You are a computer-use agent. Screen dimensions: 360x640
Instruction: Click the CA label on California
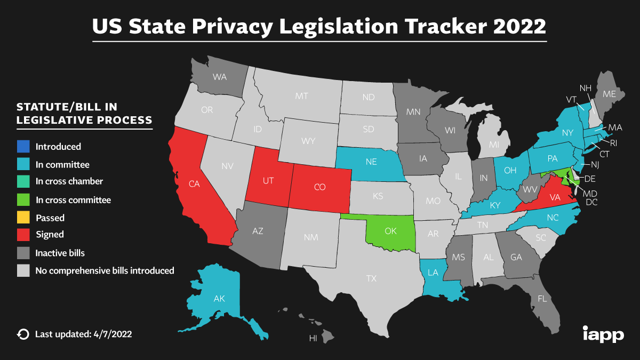194,183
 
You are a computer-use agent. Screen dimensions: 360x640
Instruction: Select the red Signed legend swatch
23,235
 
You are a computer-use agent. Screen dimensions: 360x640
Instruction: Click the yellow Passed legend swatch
23,218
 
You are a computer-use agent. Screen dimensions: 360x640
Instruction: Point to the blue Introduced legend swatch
23,147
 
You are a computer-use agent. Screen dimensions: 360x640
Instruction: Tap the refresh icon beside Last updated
23,334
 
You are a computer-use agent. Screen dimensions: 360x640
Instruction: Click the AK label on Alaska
219,299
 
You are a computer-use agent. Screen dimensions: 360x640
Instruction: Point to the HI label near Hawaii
314,338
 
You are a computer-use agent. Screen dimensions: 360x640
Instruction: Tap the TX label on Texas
371,278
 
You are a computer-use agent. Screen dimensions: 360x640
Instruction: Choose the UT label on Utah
268,180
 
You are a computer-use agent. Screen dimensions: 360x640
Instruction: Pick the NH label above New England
585,88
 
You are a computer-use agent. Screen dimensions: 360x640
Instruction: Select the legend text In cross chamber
69,181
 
